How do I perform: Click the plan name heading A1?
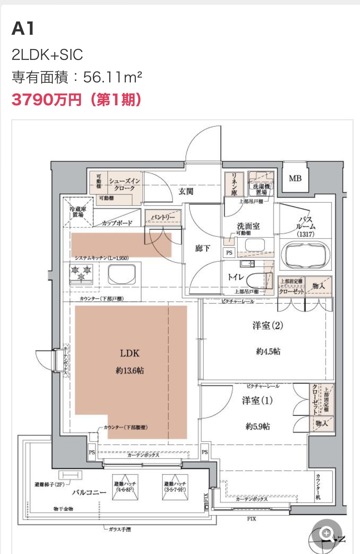pyautogui.click(x=23, y=29)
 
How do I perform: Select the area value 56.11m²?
pyautogui.click(x=112, y=77)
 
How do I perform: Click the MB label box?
pyautogui.click(x=295, y=178)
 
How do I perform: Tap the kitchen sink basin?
pyautogui.click(x=122, y=274)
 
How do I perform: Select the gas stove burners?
pyautogui.click(x=81, y=274)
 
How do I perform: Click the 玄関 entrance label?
pyautogui.click(x=186, y=191)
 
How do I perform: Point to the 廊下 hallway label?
pyautogui.click(x=203, y=248)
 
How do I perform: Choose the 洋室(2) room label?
pyautogui.click(x=268, y=326)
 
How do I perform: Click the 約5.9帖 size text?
pyautogui.click(x=257, y=426)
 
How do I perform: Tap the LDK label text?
pyautogui.click(x=129, y=353)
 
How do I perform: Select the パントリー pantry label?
pyautogui.click(x=163, y=217)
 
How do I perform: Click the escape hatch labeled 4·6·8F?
pyautogui.click(x=125, y=487)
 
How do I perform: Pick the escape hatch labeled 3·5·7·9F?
pyautogui.click(x=175, y=487)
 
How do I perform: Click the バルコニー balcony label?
pyautogui.click(x=89, y=493)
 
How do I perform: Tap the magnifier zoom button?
pyautogui.click(x=327, y=534)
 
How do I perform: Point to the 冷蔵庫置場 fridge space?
pyautogui.click(x=78, y=212)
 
